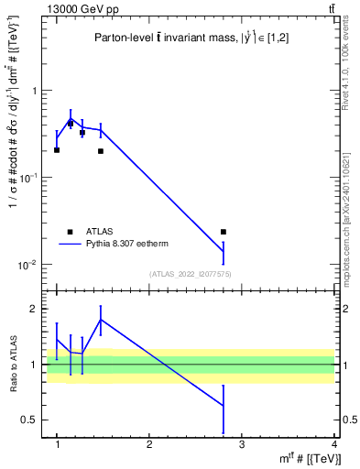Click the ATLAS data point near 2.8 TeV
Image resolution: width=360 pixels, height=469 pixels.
pyautogui.click(x=224, y=232)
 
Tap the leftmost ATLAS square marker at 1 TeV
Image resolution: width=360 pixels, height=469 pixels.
pyautogui.click(x=57, y=150)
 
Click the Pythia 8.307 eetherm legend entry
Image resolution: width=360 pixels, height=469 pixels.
pyautogui.click(x=115, y=245)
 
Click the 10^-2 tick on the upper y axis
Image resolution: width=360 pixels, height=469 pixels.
pyautogui.click(x=34, y=266)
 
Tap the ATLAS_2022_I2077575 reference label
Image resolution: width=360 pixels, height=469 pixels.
pyautogui.click(x=191, y=274)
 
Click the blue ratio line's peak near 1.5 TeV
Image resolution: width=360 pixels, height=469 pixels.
pyautogui.click(x=101, y=320)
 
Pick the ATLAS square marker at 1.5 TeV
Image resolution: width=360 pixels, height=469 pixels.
pyautogui.click(x=101, y=151)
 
